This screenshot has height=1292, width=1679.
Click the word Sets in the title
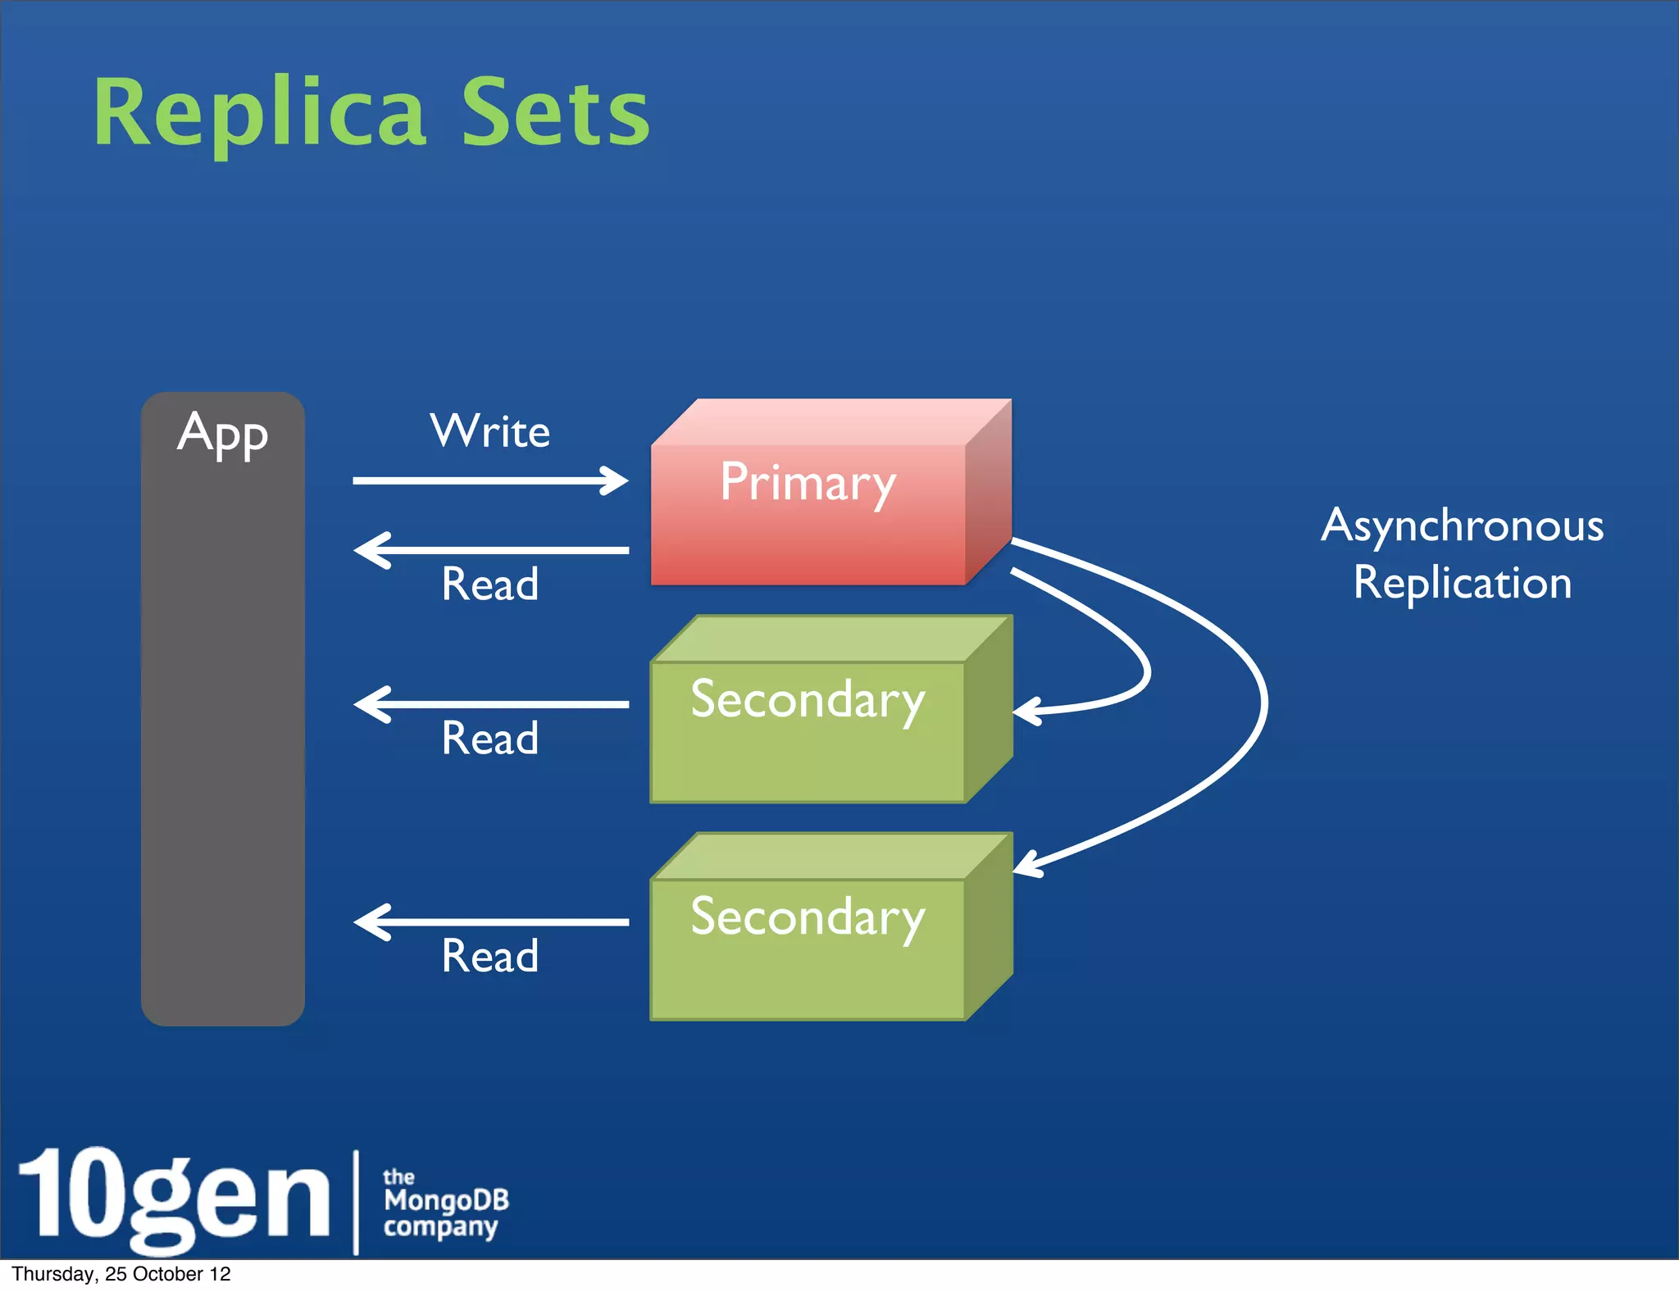556,112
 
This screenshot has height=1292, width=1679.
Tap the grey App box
222,721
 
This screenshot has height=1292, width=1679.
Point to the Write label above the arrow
490,431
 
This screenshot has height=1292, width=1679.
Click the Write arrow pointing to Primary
490,480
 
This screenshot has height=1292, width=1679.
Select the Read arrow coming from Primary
490,550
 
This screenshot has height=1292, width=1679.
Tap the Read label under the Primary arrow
490,585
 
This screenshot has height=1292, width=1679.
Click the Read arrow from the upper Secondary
490,704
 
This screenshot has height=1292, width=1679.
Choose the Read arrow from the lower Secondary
490,922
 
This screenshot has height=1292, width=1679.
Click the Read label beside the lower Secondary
490,956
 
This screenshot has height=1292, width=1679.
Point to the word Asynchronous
1463,525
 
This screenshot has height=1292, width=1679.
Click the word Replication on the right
1463,583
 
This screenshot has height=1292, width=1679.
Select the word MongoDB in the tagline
446,1201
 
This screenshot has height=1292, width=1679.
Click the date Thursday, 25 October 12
121,1274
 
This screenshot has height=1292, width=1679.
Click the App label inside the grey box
222,434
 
